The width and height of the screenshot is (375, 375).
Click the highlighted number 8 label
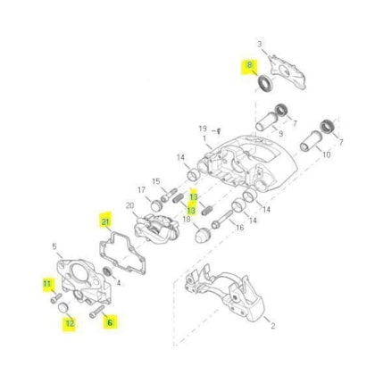(x=249, y=65)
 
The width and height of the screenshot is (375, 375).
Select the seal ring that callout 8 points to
(x=265, y=83)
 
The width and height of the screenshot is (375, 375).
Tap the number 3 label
(x=260, y=44)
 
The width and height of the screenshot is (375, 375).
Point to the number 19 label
(x=203, y=129)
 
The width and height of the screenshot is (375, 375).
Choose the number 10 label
(x=327, y=154)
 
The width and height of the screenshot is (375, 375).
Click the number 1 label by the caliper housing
(x=204, y=138)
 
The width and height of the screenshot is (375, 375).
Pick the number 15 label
(x=156, y=181)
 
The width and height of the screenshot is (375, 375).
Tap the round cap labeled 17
(x=156, y=205)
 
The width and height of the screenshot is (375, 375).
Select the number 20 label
(x=129, y=205)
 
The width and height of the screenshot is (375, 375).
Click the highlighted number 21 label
(x=105, y=221)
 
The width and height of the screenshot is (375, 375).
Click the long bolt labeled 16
(x=222, y=219)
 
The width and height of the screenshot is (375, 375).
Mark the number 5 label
(x=54, y=246)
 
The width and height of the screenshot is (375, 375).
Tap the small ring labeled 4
(x=107, y=271)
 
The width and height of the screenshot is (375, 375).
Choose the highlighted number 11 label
(x=47, y=283)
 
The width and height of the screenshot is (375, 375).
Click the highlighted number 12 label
(x=70, y=323)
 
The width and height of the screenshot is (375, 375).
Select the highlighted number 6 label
(x=110, y=322)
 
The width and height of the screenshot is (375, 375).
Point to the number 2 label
(x=273, y=326)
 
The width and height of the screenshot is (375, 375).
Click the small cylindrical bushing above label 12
(x=63, y=307)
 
